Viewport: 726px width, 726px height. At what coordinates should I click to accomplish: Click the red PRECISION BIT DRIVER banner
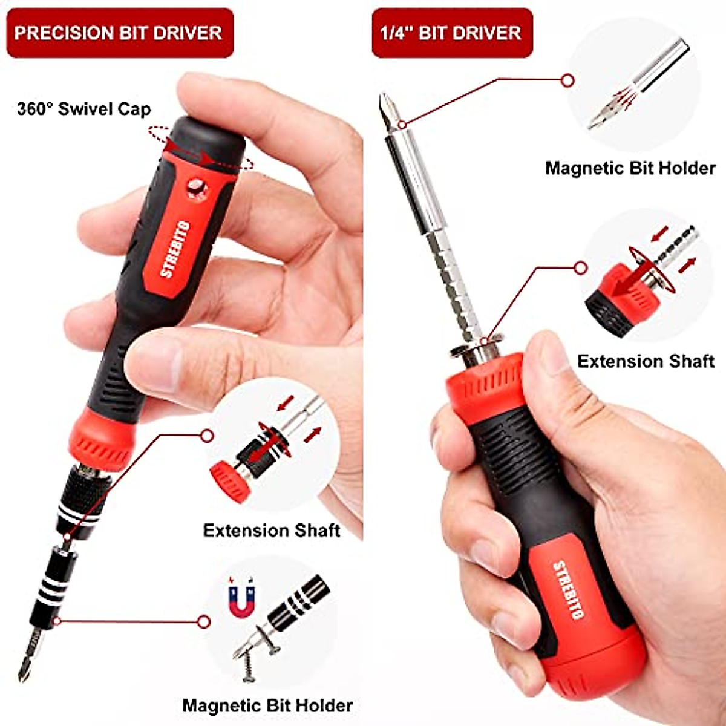click(119, 33)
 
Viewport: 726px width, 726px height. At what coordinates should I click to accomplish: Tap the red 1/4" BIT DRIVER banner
click(451, 33)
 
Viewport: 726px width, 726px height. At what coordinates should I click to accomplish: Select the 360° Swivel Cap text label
click(83, 109)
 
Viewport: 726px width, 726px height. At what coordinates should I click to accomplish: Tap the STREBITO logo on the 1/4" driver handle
click(569, 590)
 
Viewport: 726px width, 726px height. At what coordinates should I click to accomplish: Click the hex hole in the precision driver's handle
click(196, 188)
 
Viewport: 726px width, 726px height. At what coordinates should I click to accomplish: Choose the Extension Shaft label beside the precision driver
click(271, 531)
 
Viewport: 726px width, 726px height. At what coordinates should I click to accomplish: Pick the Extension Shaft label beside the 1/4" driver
click(646, 361)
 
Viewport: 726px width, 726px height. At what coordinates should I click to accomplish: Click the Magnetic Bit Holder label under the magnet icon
click(267, 705)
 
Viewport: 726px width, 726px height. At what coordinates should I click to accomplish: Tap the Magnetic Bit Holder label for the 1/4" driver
click(630, 168)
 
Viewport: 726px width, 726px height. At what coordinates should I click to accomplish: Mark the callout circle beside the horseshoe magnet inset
click(204, 621)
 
